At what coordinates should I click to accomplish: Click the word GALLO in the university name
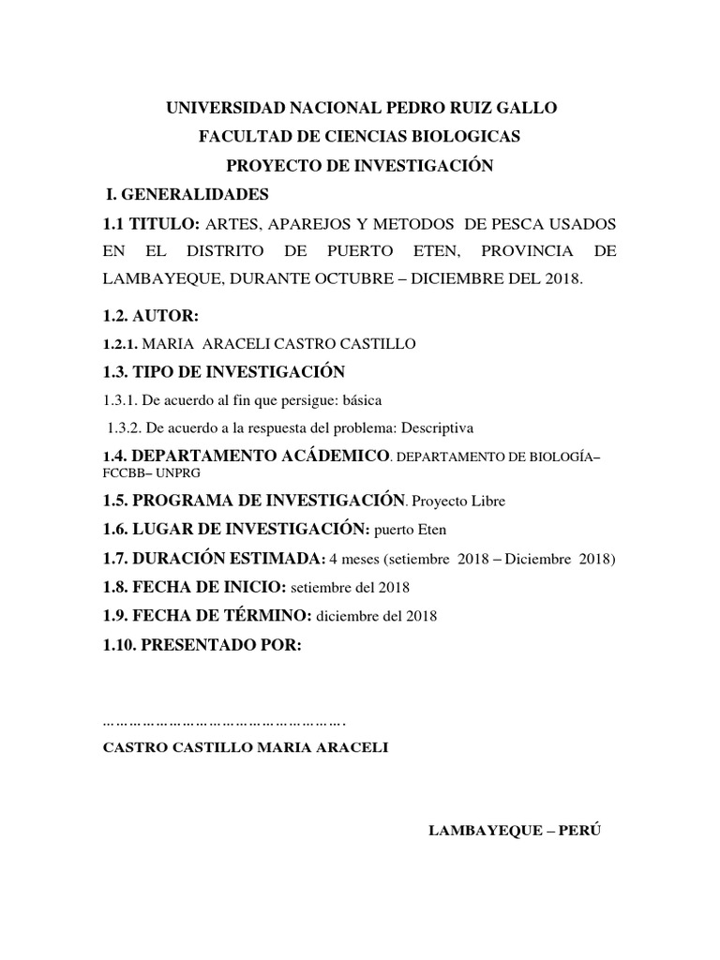(529, 109)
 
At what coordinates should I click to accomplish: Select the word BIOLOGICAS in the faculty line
(467, 137)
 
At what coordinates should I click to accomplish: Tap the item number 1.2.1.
(119, 345)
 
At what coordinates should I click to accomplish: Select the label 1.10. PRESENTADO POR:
(202, 644)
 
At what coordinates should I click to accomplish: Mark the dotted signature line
(223, 723)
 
